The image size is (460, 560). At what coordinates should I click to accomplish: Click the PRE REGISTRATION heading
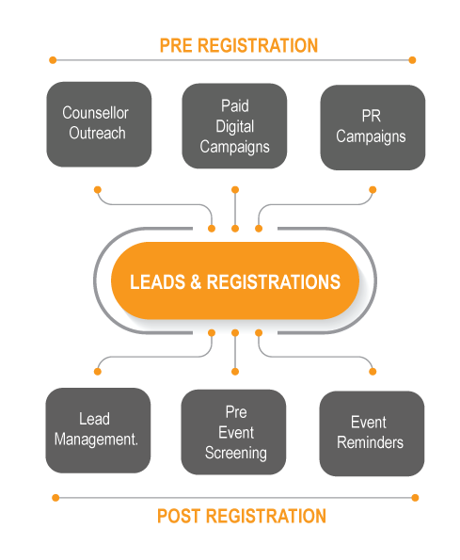(x=238, y=46)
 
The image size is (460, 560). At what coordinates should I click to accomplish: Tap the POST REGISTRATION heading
(x=242, y=516)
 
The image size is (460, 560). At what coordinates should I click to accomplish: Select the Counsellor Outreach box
(x=99, y=124)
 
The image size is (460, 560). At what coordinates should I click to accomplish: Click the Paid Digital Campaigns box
(x=234, y=126)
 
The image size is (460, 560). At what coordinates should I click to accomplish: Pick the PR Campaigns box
(x=373, y=127)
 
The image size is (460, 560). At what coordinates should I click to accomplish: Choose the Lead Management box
(x=98, y=430)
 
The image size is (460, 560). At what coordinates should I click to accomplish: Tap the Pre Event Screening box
(x=233, y=432)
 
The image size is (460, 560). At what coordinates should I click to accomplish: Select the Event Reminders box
(x=372, y=434)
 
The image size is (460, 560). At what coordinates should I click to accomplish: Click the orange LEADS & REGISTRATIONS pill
(x=235, y=280)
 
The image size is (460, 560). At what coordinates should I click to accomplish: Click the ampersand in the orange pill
(x=196, y=282)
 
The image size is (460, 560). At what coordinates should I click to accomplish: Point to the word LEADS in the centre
(x=158, y=282)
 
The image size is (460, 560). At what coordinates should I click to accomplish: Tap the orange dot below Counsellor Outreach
(x=98, y=189)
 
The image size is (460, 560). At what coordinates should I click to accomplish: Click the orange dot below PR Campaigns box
(x=373, y=189)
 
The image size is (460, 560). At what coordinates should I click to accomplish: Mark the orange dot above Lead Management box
(x=98, y=372)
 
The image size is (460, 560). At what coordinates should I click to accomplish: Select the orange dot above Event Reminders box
(x=373, y=372)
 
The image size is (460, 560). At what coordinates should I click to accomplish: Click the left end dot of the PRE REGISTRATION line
(x=53, y=60)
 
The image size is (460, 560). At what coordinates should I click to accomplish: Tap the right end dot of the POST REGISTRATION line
(x=415, y=498)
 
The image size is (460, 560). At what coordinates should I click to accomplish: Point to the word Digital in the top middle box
(x=235, y=127)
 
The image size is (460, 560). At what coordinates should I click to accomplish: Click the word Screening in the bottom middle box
(x=236, y=454)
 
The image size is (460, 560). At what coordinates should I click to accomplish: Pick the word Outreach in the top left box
(x=98, y=134)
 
